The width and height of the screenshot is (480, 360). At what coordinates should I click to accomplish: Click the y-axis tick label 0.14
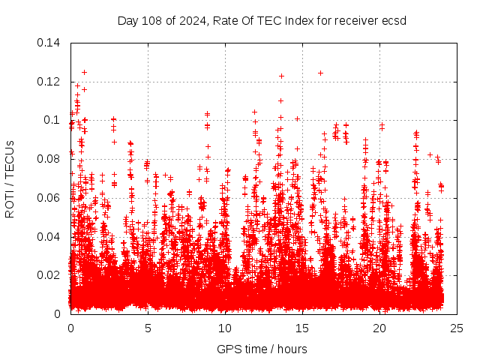coord(49,43)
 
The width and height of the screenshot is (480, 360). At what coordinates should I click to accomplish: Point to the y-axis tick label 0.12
coord(49,82)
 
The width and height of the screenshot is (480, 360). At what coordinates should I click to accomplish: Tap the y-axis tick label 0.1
coord(52,120)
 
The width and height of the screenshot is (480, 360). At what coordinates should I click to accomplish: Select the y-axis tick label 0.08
coord(49,159)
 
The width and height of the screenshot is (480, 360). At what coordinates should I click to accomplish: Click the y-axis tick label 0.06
coord(49,198)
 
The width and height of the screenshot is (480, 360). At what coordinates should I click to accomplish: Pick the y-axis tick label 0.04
coord(49,237)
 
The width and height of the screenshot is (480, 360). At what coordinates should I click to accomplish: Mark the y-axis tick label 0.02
coord(49,275)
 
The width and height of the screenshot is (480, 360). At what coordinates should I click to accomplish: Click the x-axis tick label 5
coord(148,328)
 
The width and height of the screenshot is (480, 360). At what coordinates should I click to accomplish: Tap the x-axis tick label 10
coord(225,328)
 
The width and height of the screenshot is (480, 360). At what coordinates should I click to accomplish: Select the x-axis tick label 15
coord(302,328)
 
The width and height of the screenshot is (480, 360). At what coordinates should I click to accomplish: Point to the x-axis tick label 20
coord(379,328)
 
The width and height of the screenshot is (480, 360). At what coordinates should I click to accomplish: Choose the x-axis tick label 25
coord(457,328)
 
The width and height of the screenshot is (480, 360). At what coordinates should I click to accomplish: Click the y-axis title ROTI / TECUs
coord(10,178)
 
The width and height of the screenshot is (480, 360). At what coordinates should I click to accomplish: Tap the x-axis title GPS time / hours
coord(262,349)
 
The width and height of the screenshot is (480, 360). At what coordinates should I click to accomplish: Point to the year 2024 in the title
coord(190,20)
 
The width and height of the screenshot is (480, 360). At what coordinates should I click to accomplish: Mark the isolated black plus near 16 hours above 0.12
coord(320,73)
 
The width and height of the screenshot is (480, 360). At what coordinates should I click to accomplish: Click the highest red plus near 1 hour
coord(84,72)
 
